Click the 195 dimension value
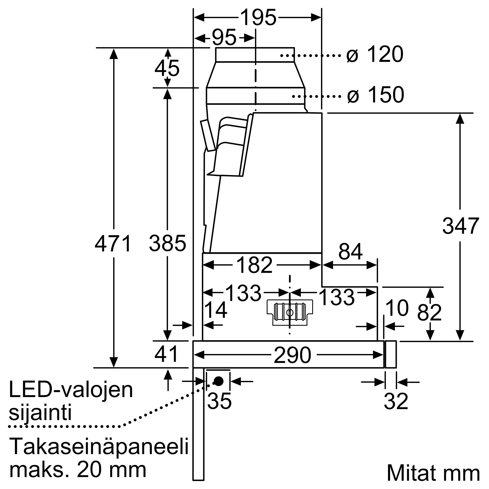[258, 17]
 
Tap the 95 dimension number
[224, 38]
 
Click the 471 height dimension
[113, 244]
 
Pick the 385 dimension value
[167, 244]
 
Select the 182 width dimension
[254, 265]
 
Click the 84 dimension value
[350, 252]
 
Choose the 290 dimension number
[292, 355]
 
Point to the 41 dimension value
[166, 354]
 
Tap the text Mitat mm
[433, 473]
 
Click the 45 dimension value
[167, 68]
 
